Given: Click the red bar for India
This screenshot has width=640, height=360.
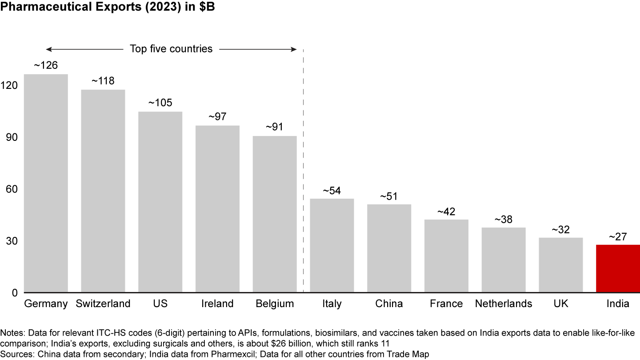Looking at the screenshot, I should point(618,268).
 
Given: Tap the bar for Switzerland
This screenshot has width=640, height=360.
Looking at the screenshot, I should point(103,191).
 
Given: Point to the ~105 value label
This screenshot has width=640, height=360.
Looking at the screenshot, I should point(160,103).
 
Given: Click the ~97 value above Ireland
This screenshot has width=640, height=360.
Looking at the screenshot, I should point(217,117).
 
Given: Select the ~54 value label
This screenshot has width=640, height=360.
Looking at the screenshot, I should point(332,190).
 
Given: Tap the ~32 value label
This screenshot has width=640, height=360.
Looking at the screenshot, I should point(560,229).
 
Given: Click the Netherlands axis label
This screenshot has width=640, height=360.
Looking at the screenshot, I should point(503,304).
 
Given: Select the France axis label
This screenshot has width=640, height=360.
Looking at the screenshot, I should point(446,304).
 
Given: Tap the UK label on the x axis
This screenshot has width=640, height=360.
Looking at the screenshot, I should point(560,304).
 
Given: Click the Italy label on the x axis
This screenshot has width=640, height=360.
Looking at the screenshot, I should point(332,304).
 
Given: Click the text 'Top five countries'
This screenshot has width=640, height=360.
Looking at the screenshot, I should point(171,49).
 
